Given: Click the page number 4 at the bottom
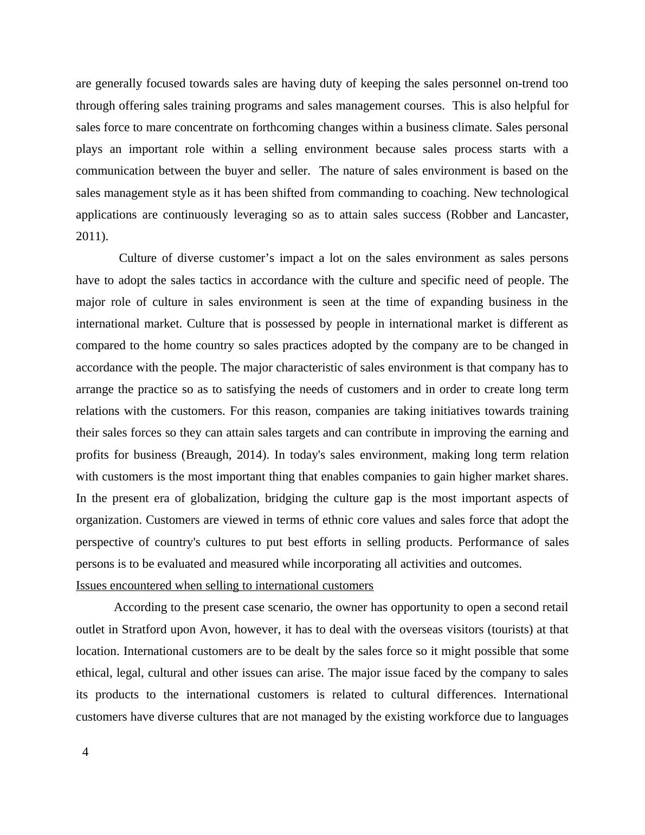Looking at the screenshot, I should point(85,752).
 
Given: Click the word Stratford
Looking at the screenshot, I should point(145,630).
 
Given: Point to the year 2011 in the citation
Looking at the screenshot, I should point(89,236).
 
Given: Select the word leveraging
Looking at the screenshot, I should point(260,215).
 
